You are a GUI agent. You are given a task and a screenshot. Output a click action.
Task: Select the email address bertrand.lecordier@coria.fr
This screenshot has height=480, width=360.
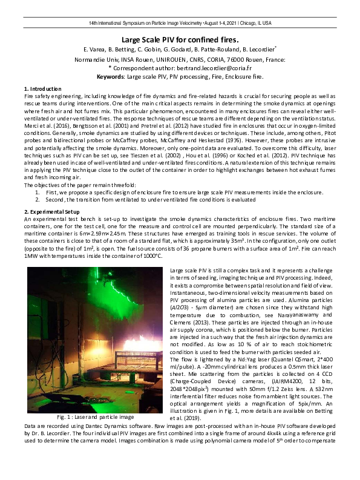click(202, 68)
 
